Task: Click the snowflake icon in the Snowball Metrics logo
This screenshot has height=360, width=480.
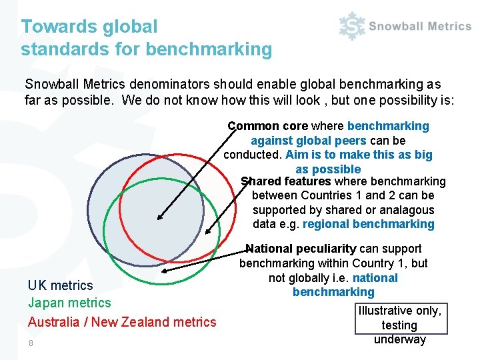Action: tap(351, 27)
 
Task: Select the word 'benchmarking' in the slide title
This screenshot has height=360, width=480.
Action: tap(209, 49)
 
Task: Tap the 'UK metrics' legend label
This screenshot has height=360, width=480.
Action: tap(61, 285)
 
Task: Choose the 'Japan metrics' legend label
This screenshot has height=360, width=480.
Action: tap(69, 303)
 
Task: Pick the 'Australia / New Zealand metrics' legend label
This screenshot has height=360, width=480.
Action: tap(122, 322)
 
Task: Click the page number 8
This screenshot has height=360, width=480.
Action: tap(31, 343)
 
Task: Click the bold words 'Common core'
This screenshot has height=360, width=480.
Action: tap(267, 126)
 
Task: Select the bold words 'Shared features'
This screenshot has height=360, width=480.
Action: tap(286, 181)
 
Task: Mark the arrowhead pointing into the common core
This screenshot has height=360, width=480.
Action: tap(160, 217)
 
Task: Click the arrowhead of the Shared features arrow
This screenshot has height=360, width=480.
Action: tap(209, 232)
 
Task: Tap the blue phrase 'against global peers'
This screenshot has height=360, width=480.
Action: tap(308, 141)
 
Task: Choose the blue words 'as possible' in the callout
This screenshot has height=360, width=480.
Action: tap(328, 169)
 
